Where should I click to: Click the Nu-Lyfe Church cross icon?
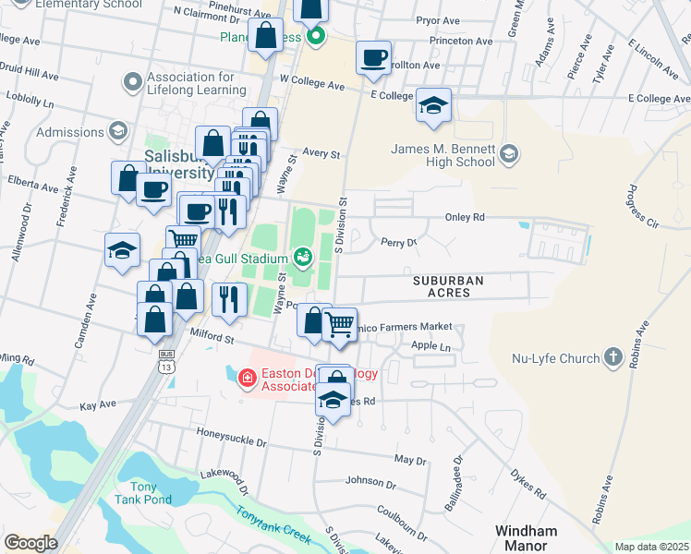coord(612,357)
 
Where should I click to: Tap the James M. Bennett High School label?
coord(443,156)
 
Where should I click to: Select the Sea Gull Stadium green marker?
coord(302,257)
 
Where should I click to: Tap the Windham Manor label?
coord(526,538)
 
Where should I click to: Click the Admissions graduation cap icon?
coord(117,132)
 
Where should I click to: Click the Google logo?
coord(30,543)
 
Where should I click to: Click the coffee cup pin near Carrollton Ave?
coord(374,59)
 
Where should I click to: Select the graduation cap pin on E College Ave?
coord(432,106)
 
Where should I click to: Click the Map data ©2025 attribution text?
coord(651,547)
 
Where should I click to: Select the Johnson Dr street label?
coord(370,482)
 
